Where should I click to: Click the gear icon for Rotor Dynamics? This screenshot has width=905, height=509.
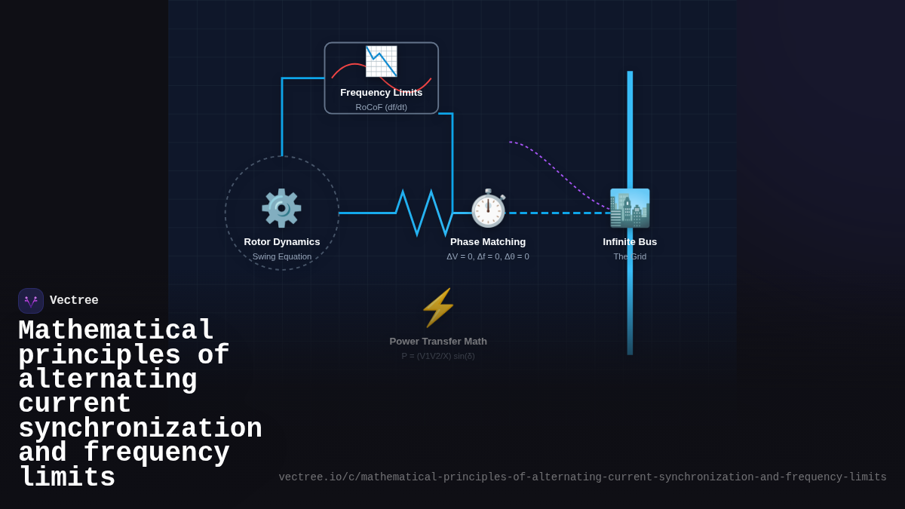[x=281, y=208]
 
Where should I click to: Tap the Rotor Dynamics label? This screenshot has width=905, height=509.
[x=282, y=242]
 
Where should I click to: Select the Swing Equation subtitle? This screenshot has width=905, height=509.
[x=282, y=256]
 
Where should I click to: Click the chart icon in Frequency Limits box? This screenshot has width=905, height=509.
[x=381, y=61]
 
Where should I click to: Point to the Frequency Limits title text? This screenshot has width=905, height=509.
[x=381, y=93]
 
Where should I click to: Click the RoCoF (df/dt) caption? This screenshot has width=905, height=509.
[x=381, y=107]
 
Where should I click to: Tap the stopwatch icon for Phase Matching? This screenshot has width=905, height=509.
[x=488, y=208]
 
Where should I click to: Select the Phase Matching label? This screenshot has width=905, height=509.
[x=488, y=242]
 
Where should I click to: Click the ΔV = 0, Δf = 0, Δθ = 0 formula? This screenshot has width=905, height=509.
[x=488, y=256]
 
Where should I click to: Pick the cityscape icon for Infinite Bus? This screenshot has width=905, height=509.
[x=630, y=208]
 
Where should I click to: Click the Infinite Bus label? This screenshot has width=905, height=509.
[x=630, y=242]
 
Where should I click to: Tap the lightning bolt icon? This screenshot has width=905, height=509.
[x=438, y=308]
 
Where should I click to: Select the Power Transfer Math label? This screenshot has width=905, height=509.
[x=438, y=342]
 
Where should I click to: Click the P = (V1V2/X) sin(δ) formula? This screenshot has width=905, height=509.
[x=438, y=356]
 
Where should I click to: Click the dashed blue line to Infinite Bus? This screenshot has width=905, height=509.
[x=558, y=213]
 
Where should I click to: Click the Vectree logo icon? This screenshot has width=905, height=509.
[x=31, y=301]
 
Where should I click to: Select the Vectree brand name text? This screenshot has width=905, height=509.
[x=74, y=301]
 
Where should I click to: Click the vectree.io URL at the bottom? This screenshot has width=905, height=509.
[x=582, y=477]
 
